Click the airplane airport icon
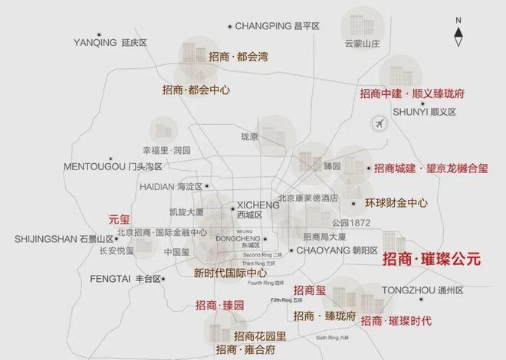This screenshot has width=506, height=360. pos(378,123)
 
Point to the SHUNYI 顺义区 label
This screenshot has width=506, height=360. pos(424,112)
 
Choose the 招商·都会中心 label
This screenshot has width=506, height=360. pos(196,90)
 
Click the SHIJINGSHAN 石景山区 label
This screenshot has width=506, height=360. pos(64,239)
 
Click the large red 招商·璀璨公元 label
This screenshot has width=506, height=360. pos(431,259)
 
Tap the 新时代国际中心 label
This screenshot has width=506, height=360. pos(230,273)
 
